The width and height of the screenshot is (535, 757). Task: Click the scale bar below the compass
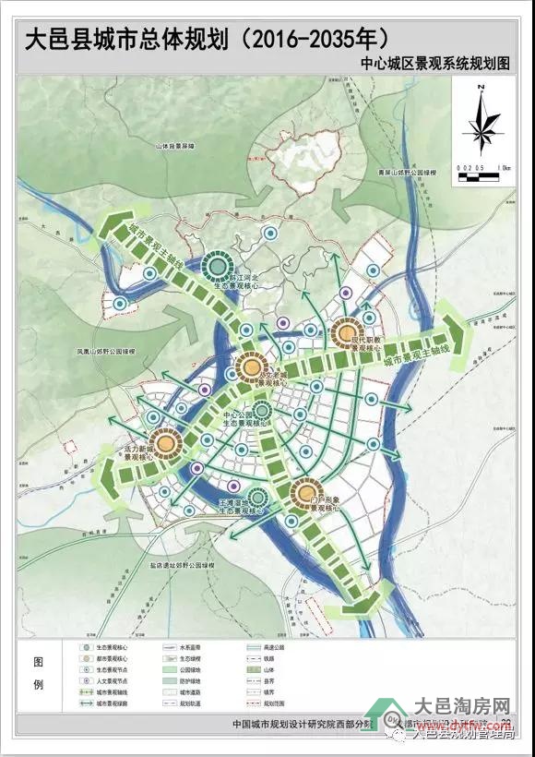click(x=481, y=167)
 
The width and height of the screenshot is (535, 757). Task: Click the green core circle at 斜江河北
click(x=218, y=267)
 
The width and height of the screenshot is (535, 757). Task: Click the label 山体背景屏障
click(x=177, y=147)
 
